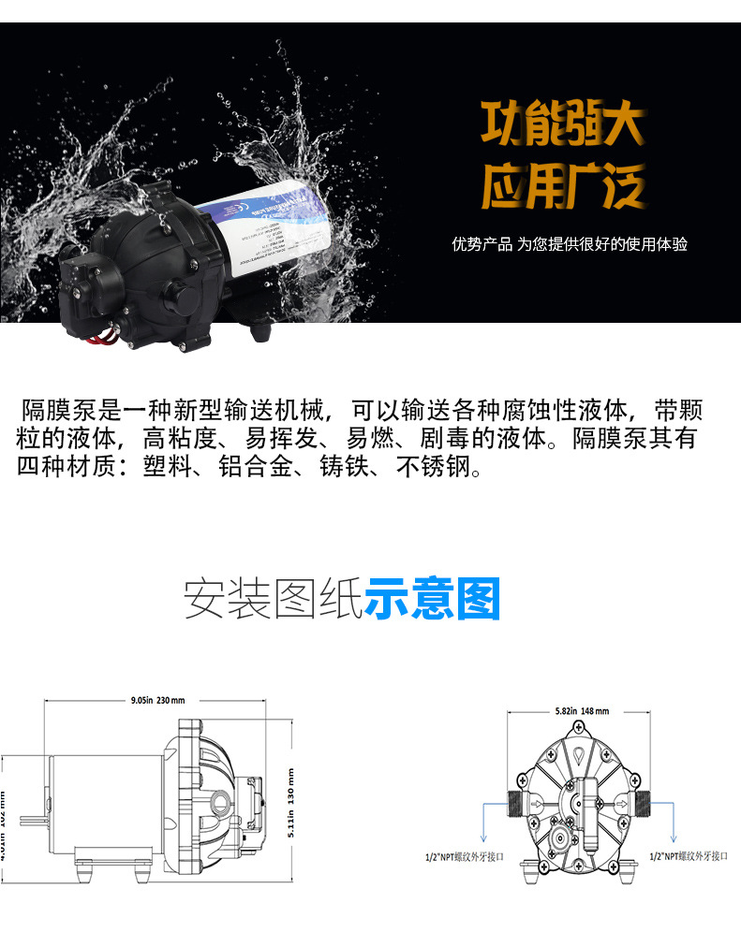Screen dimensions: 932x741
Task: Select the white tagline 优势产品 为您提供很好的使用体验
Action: (x=570, y=244)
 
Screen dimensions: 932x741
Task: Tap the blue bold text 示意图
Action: (x=432, y=599)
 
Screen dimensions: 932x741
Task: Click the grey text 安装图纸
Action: (x=273, y=599)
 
